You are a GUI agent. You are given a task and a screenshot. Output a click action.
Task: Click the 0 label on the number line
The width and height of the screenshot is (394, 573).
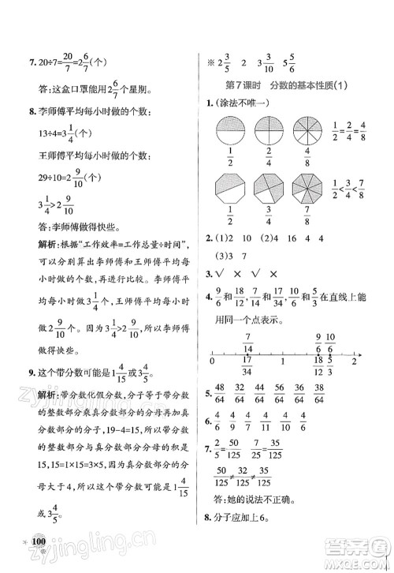(x=212, y=361)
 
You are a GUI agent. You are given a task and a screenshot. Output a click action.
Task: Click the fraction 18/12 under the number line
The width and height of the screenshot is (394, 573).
(x=318, y=369)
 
